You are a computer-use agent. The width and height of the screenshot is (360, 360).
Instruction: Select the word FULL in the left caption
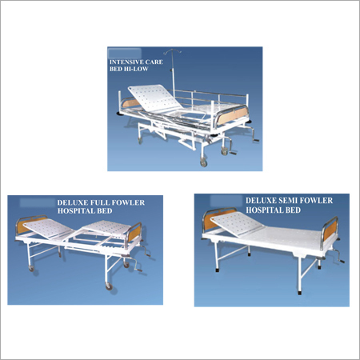click(100, 202)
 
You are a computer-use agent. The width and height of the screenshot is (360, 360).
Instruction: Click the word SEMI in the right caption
click(289, 201)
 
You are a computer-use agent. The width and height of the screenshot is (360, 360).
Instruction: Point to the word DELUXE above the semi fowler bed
click(262, 201)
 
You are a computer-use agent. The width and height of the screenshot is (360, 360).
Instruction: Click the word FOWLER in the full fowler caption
click(128, 202)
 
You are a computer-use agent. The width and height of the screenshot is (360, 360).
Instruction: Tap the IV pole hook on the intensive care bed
click(173, 52)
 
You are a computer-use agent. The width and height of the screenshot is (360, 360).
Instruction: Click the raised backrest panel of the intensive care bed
click(155, 98)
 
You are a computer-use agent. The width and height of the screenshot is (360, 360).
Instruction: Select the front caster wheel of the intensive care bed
click(203, 162)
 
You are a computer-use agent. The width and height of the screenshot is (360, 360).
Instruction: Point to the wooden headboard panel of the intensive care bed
click(131, 102)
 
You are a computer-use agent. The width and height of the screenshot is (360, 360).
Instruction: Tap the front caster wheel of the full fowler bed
click(108, 286)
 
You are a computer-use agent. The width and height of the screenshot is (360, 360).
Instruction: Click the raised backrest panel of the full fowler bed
click(49, 229)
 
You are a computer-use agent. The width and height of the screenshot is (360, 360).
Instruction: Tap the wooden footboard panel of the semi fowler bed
click(330, 230)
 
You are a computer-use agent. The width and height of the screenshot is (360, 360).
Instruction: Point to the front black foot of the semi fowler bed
click(299, 293)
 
